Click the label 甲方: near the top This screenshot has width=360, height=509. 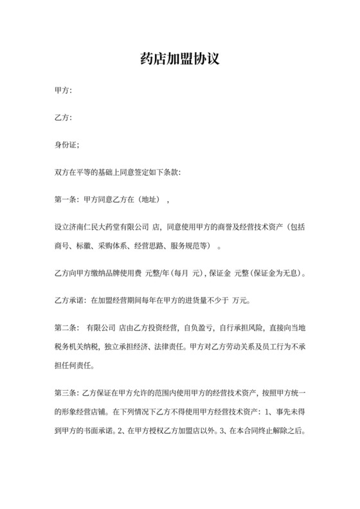[63, 91]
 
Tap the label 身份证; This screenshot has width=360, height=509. [67, 145]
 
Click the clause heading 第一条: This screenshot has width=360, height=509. [67, 199]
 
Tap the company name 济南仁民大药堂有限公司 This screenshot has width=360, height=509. [112, 226]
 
